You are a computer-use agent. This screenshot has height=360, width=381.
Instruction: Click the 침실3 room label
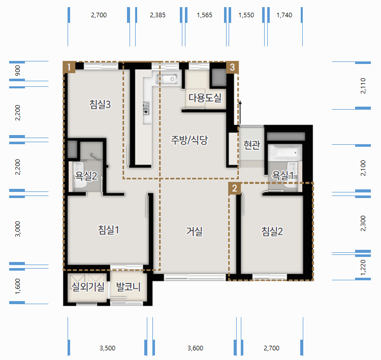point(100,104)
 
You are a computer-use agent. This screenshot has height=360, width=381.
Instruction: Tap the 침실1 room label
point(108,230)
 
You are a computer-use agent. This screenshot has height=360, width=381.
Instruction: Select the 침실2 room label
point(272,231)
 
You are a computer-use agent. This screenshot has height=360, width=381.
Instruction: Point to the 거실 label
point(194,231)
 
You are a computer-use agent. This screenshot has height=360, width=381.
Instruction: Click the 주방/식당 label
point(189,140)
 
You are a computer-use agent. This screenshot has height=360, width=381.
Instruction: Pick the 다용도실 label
point(205,97)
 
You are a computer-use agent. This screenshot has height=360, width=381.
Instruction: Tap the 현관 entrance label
point(252,145)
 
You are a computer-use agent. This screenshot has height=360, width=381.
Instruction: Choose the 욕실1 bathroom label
point(282,175)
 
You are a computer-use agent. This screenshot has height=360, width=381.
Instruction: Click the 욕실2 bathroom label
point(86,176)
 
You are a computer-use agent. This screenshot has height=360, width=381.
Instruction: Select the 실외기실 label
point(88,287)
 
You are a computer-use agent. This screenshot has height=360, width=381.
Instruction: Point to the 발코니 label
point(129,287)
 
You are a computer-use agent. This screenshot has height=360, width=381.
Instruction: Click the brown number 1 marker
point(69,67)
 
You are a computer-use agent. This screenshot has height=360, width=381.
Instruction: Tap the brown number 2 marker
point(235,188)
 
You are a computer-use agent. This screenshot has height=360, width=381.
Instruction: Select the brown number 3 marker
point(232,67)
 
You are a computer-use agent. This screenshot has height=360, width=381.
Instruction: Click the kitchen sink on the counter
point(167,79)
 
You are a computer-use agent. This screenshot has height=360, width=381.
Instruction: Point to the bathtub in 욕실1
point(285,152)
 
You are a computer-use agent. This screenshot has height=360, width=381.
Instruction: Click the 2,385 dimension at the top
point(157,15)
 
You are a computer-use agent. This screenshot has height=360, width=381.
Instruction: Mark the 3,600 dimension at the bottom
point(196,348)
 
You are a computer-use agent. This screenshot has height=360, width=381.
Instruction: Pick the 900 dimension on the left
point(18,71)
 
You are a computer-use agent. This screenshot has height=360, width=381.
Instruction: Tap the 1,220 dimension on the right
point(363,268)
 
